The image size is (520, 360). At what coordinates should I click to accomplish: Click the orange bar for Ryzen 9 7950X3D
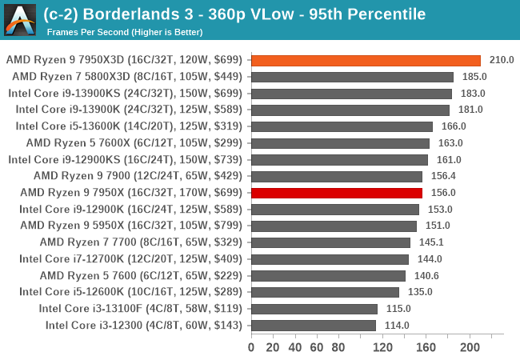366,60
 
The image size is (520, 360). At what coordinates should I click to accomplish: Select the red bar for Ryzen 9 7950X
337,193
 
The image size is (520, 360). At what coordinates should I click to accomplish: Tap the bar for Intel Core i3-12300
314,325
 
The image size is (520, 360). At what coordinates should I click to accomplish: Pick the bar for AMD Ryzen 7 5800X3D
352,77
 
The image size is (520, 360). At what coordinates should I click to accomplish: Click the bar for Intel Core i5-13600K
342,126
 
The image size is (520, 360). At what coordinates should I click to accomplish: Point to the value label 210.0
501,60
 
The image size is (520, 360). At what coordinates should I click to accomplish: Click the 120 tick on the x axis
382,346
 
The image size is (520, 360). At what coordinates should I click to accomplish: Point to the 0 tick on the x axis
251,346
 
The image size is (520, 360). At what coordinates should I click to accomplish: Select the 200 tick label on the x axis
470,346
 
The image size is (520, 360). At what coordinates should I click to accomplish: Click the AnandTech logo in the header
20,19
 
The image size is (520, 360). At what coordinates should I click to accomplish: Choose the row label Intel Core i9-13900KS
125,94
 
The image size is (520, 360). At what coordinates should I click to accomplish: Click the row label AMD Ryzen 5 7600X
135,143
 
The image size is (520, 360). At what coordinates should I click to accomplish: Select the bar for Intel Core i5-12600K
325,292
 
